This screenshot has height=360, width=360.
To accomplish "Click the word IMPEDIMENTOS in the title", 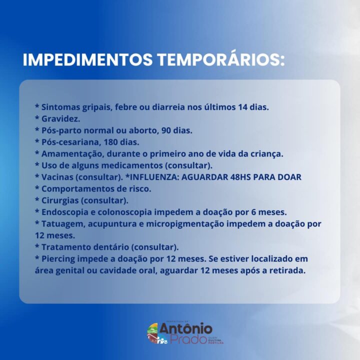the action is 87,59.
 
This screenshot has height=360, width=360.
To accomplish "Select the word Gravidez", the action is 60,119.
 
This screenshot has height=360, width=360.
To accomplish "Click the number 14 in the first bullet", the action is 242,107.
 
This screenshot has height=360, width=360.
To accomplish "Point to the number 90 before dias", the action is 166,130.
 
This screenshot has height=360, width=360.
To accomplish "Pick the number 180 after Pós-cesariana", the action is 111,142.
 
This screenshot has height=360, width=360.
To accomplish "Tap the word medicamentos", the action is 132,165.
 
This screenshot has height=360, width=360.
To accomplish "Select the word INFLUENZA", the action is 154,177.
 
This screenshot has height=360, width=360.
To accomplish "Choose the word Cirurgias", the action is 60,200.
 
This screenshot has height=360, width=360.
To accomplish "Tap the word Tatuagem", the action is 62,224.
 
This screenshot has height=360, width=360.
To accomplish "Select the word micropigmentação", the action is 185,224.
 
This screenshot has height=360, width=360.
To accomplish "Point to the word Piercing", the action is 58,259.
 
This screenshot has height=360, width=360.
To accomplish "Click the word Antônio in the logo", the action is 186,328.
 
